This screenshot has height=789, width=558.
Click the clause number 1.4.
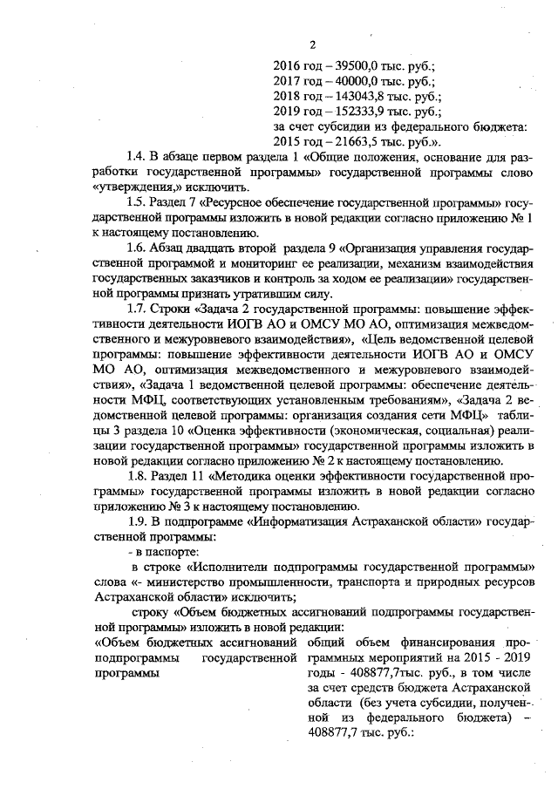136,157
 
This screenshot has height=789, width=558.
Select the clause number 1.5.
136,202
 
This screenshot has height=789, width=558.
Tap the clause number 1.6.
136,248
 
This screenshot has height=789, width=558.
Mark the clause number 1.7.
136,308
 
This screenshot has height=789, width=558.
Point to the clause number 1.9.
136,521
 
